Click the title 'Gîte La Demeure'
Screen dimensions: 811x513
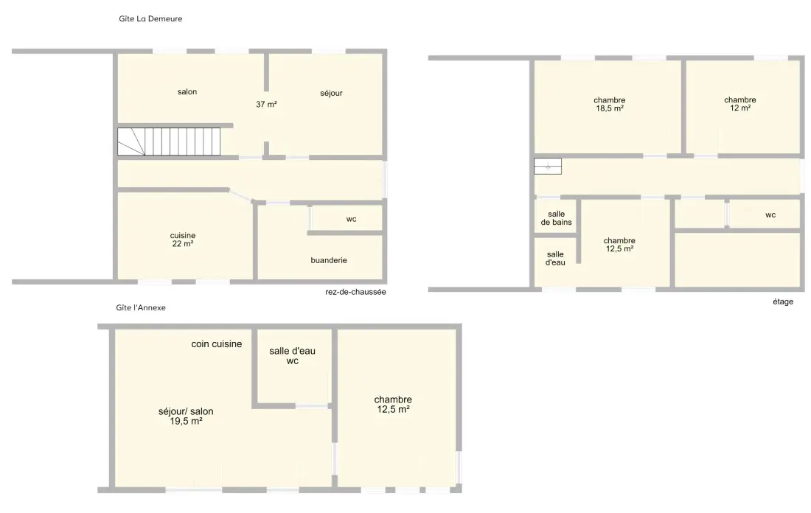click(150, 18)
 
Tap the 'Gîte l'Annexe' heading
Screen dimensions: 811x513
click(141, 307)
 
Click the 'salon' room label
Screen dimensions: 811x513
click(187, 92)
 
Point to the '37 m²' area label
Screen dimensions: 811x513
click(266, 105)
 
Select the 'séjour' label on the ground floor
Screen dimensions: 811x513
click(332, 93)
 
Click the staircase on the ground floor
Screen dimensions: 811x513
click(169, 142)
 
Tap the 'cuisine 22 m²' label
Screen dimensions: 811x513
click(183, 240)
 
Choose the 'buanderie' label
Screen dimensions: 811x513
click(329, 260)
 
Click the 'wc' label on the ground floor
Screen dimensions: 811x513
click(351, 219)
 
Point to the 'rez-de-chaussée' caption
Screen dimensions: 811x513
click(356, 292)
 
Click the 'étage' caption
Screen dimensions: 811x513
click(783, 301)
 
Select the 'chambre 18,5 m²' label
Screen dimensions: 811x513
click(610, 105)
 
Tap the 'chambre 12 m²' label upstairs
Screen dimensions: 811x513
click(740, 104)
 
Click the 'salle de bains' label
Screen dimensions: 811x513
click(557, 218)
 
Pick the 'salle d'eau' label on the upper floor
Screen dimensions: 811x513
click(555, 259)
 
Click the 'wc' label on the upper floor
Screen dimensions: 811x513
click(770, 215)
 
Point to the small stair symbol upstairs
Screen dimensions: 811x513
click(548, 166)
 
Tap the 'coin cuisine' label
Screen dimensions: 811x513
click(217, 344)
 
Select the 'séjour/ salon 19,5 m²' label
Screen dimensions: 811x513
click(187, 416)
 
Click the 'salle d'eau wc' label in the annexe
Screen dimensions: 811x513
click(292, 356)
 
